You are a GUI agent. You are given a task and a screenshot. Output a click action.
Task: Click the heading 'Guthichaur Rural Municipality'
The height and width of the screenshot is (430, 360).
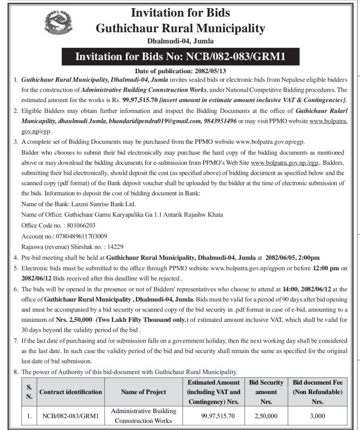(x=180, y=28)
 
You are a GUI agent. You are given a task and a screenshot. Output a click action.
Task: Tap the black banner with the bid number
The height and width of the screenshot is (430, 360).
(x=180, y=57)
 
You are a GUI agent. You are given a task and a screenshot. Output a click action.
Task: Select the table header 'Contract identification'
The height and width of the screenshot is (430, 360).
(x=70, y=392)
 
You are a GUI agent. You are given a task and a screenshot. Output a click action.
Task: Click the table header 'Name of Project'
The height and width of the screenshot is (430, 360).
(x=143, y=392)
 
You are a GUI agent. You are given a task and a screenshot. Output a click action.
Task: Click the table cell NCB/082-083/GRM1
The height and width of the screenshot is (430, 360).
(x=70, y=416)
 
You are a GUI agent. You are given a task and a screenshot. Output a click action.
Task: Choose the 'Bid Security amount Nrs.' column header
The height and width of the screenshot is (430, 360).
(x=266, y=392)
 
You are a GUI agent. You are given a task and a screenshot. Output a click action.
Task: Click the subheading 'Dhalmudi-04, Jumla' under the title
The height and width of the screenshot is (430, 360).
(x=180, y=41)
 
